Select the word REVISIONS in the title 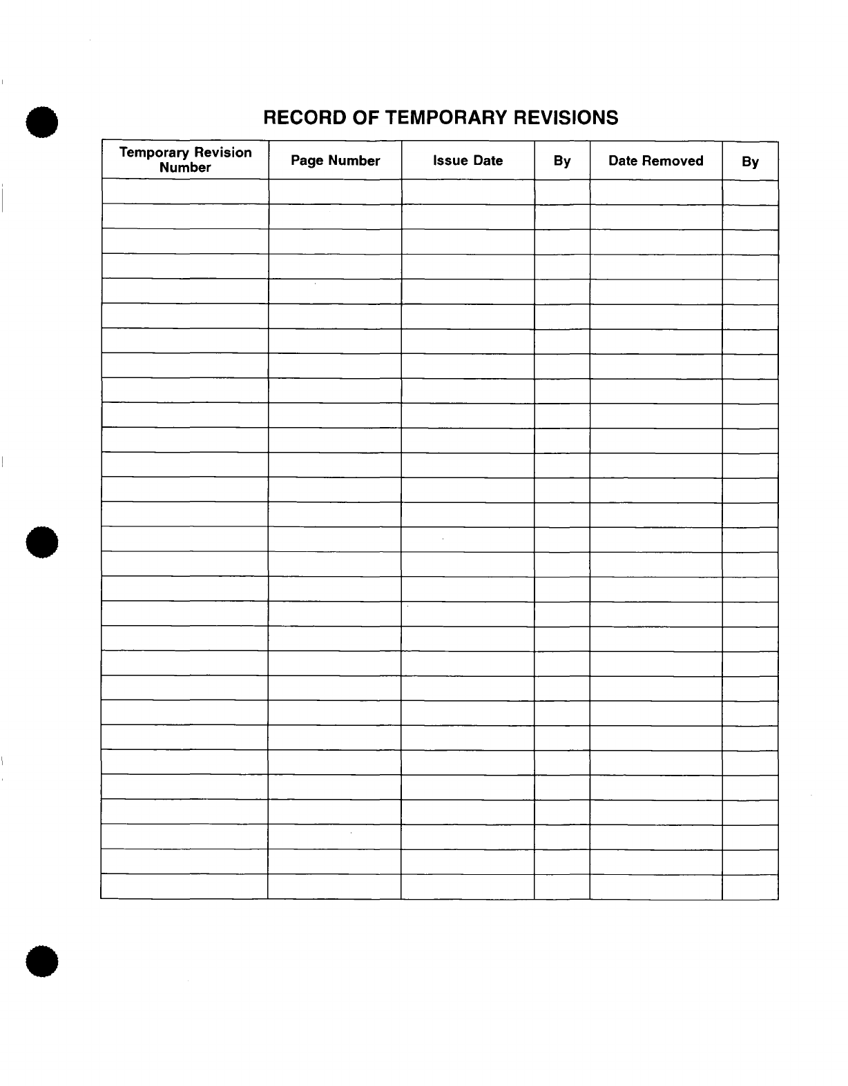pyautogui.click(x=568, y=117)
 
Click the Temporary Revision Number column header pyautogui.click(x=185, y=160)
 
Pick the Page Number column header pyautogui.click(x=335, y=161)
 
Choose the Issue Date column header pyautogui.click(x=468, y=161)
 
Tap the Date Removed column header pyautogui.click(x=655, y=161)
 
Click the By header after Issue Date pyautogui.click(x=562, y=161)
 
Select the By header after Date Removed pyautogui.click(x=750, y=161)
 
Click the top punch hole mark pyautogui.click(x=41, y=123)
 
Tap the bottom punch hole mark pyautogui.click(x=41, y=962)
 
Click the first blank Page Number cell pyautogui.click(x=335, y=192)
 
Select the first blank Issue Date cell pyautogui.click(x=468, y=192)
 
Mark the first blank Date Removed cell pyautogui.click(x=655, y=192)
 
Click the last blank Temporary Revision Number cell pyautogui.click(x=184, y=887)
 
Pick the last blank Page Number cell pyautogui.click(x=335, y=887)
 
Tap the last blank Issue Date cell pyautogui.click(x=468, y=887)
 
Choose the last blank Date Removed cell pyautogui.click(x=655, y=887)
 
